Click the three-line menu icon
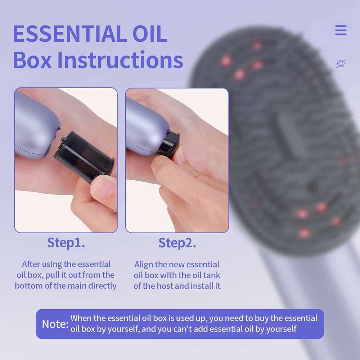[x=341, y=30]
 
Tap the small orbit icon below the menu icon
[x=341, y=64]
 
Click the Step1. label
[x=66, y=243]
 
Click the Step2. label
[x=177, y=243]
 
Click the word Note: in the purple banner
[x=55, y=324]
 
